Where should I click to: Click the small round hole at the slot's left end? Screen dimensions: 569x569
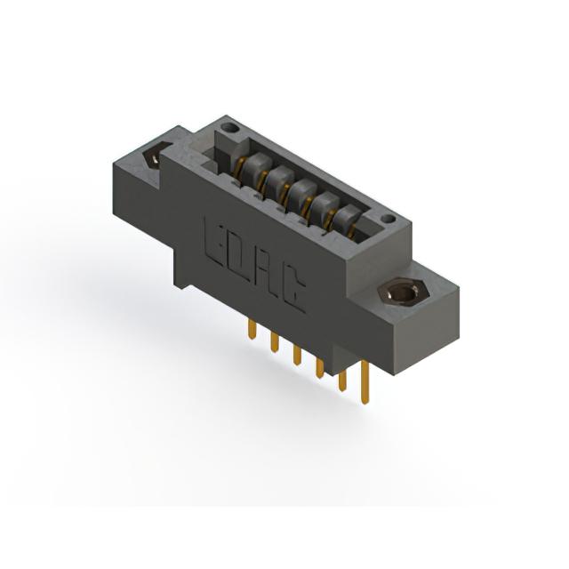(229, 128)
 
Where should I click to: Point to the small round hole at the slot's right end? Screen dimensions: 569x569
(389, 219)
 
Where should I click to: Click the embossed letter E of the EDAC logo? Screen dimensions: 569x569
(216, 241)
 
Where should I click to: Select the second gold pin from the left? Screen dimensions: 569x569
(275, 342)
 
